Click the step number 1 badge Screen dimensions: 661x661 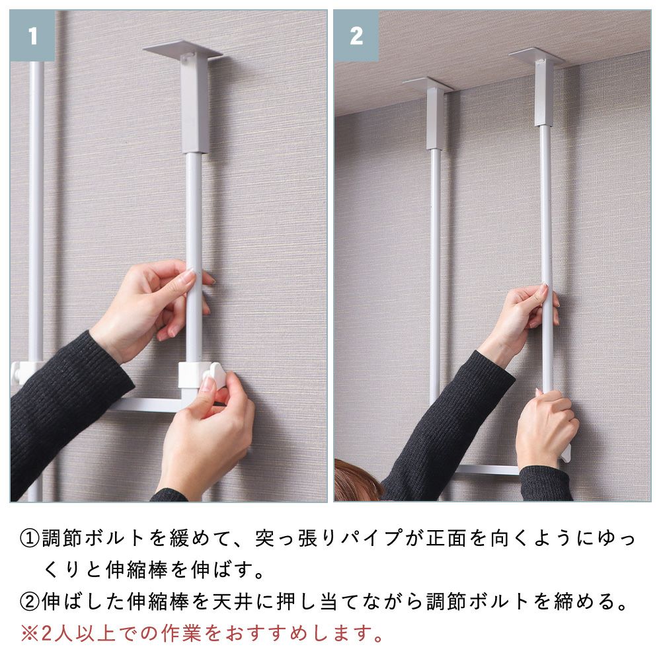point(32,36)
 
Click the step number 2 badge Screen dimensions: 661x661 point(357,36)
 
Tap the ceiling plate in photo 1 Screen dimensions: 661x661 point(182,51)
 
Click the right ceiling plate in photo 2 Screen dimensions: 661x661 point(536,56)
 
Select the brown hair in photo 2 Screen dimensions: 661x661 point(357,481)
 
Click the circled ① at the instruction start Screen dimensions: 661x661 point(30,538)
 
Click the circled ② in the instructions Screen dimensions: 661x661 point(30,602)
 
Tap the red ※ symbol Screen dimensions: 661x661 point(30,633)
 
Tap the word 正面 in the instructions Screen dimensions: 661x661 point(446,538)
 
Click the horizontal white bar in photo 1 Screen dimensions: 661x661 point(145,405)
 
